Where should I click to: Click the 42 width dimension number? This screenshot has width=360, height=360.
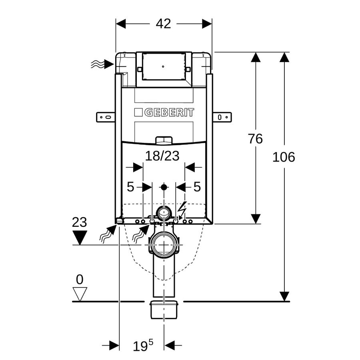pos(163,24)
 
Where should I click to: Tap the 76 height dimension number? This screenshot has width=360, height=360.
pos(255,139)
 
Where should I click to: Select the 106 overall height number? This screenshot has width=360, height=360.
pos(284,157)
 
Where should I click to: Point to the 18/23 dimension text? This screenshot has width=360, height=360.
pos(162,156)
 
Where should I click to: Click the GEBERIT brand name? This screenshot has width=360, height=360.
pos(169,112)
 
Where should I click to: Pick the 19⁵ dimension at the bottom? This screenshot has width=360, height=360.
pos(143,346)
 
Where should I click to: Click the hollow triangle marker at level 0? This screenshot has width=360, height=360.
pos(80,294)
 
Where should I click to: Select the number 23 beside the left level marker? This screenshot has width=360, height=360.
pos(80,222)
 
